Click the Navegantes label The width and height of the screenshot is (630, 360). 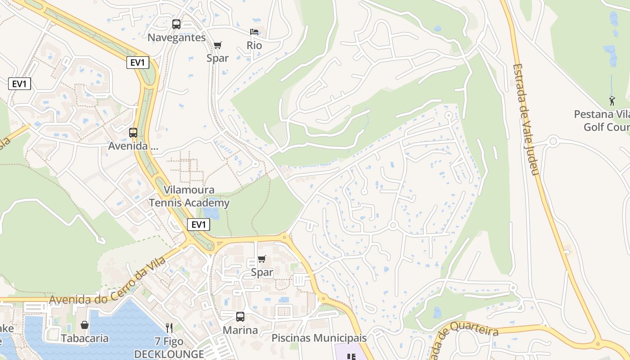pos(176,38)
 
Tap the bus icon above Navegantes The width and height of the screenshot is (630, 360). pos(176,24)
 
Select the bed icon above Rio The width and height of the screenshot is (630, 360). pos(254,32)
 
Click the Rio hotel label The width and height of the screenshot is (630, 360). pos(254,45)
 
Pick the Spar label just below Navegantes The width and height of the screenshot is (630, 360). pos(217,58)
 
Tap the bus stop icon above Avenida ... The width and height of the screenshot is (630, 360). pos(133,133)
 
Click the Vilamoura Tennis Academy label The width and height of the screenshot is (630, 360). pos(189,197)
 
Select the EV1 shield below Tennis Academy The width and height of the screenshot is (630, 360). pos(198,225)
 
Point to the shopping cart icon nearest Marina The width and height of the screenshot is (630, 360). pos(261,259)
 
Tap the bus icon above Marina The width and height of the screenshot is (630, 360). pos(240,317)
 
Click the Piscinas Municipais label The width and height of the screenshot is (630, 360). pos(319,338)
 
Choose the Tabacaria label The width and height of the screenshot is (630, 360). pos(85,338)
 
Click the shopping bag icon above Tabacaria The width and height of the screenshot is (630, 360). pos(84,325)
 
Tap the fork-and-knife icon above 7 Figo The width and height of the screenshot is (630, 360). pos(169,328)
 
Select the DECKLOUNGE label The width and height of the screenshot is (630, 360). pos(169,354)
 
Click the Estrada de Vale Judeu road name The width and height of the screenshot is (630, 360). pos(525,119)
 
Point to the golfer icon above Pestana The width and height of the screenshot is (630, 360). pos(612,101)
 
